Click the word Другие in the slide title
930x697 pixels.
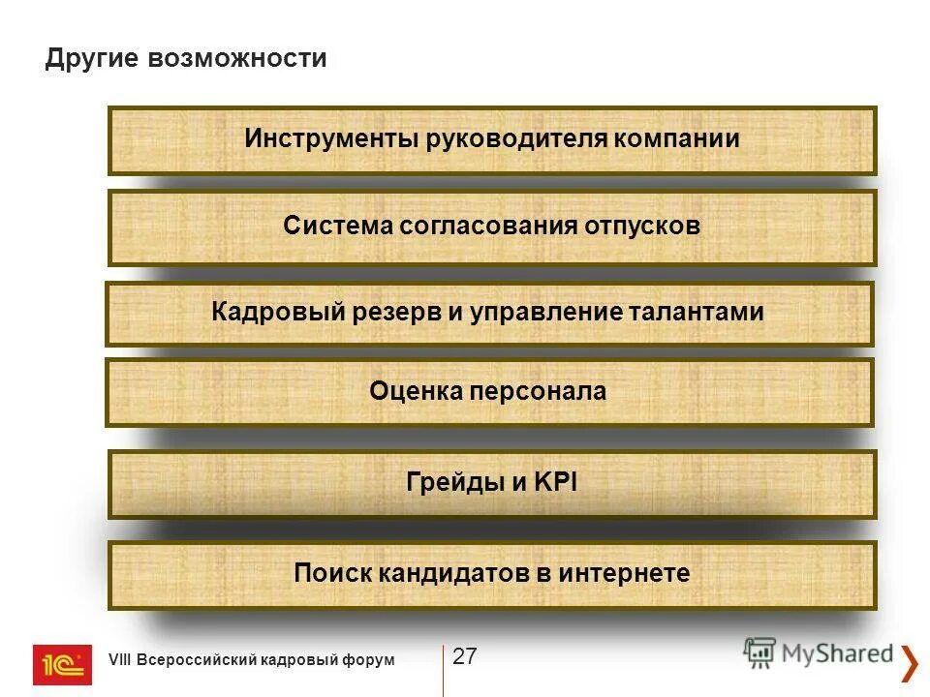pos(92,59)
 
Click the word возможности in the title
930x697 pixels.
pos(237,59)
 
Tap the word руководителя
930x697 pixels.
pos(517,138)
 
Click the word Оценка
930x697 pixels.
pos(415,391)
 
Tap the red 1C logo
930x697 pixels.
pos(62,665)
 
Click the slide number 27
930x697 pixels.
pos(465,656)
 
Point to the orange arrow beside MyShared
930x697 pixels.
pos(910,662)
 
